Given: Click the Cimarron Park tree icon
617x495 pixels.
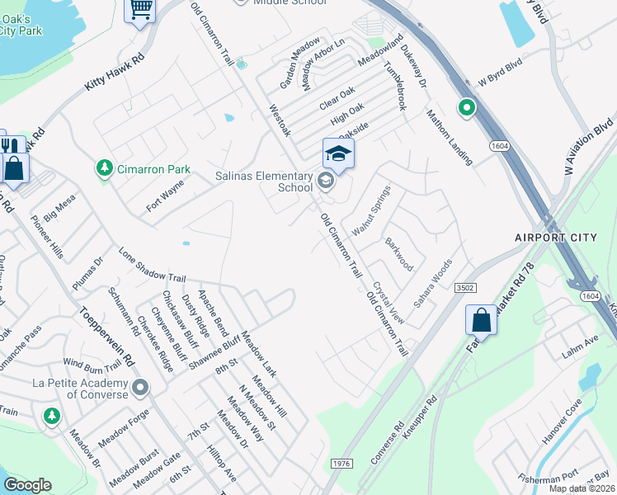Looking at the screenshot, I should coord(105,168).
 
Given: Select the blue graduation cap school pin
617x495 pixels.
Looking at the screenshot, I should coord(338,154).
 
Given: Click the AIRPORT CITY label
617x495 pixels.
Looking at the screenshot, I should coord(554,238).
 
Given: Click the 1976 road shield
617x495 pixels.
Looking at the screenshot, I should coord(343,464).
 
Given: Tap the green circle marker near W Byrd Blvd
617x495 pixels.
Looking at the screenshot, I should coord(466,107).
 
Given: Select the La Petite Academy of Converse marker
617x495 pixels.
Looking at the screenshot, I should coord(140,387).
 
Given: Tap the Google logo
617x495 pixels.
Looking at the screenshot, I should coord(27,485).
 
